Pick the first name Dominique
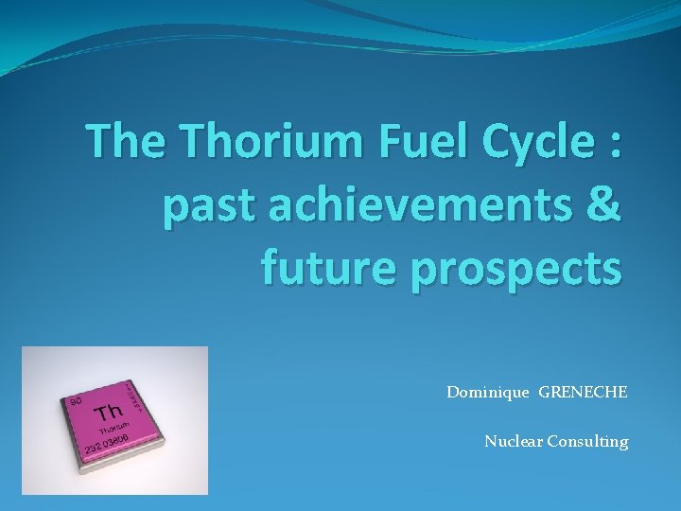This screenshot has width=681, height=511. (489, 392)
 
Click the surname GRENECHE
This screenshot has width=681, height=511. (583, 392)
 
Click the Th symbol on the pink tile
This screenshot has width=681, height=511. (109, 413)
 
